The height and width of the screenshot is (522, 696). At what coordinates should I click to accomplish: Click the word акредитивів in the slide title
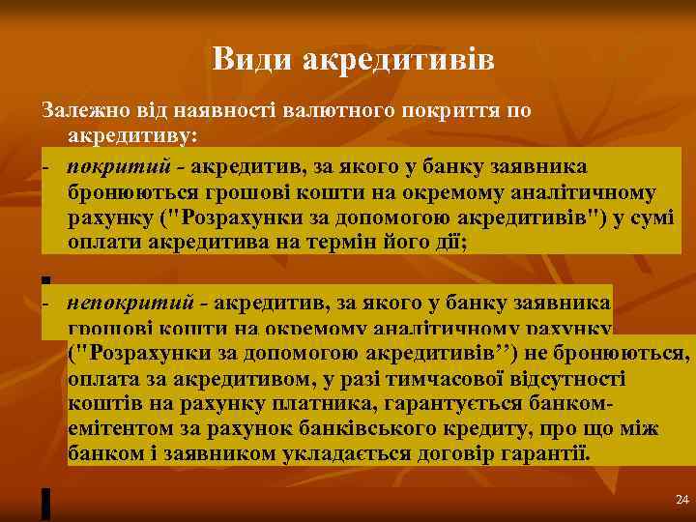click(x=398, y=60)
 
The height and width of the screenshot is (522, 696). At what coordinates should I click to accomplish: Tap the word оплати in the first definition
click(x=102, y=243)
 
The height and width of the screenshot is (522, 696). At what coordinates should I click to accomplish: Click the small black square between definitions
click(x=45, y=279)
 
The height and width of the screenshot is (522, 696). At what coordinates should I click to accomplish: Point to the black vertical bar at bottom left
click(x=45, y=503)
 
